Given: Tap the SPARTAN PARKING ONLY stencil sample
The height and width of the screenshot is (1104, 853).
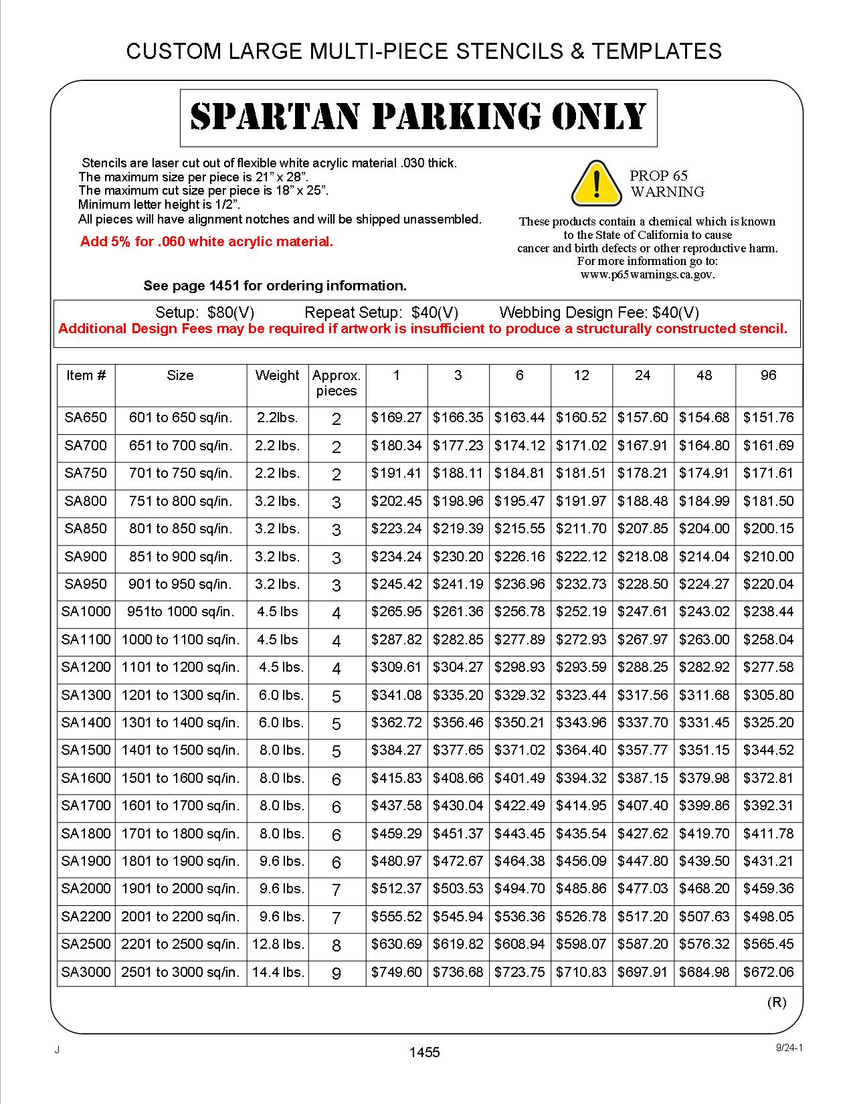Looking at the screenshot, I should tap(418, 117).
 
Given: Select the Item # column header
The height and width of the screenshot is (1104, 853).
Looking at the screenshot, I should tap(86, 375).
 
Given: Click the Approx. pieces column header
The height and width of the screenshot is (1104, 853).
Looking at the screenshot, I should tap(337, 383).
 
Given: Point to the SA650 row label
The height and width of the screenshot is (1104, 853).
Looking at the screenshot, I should tap(86, 418).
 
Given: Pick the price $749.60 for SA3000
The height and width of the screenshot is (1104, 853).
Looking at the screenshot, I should tap(396, 972).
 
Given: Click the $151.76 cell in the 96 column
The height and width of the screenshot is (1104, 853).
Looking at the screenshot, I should tap(768, 418).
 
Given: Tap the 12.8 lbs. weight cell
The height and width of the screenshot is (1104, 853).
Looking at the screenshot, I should tap(278, 944).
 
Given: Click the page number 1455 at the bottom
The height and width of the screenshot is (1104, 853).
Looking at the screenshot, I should tap(425, 1052).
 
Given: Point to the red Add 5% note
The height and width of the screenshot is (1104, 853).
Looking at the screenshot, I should tap(206, 242).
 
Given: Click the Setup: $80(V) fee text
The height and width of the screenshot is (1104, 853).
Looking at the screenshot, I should tap(205, 312).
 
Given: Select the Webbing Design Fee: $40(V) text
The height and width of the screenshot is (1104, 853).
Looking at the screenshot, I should tap(599, 312).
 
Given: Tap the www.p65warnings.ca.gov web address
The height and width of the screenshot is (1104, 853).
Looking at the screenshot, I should tap(647, 274).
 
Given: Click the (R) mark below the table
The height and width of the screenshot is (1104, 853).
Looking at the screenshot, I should tap(776, 1002).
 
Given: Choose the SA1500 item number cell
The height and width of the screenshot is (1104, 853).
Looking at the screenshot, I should tap(86, 750).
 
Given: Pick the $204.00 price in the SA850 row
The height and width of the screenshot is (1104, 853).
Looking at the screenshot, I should tap(704, 529).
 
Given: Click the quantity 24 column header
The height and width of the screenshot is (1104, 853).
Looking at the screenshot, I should tap(642, 375).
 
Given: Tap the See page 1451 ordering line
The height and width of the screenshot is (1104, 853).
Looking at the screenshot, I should tap(275, 286).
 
